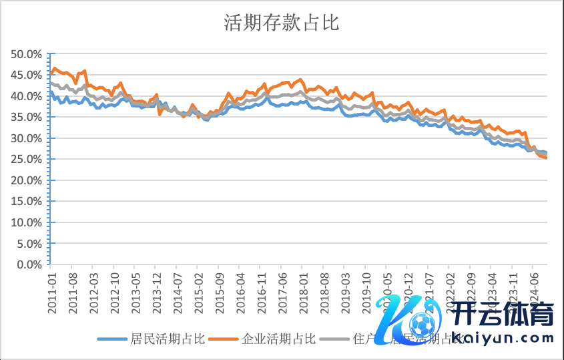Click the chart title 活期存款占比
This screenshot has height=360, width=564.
click(282, 24)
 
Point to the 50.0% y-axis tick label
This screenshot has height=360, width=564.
click(27, 54)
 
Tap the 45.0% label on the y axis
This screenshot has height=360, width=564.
click(27, 75)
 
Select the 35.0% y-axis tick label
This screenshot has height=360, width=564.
click(27, 118)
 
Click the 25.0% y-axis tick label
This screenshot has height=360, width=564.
click(27, 160)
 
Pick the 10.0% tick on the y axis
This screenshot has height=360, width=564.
click(27, 222)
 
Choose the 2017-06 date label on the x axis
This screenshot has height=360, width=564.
click(282, 289)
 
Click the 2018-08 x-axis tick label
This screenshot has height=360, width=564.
click(324, 289)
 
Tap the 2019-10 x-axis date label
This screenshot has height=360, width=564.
click(366, 289)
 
